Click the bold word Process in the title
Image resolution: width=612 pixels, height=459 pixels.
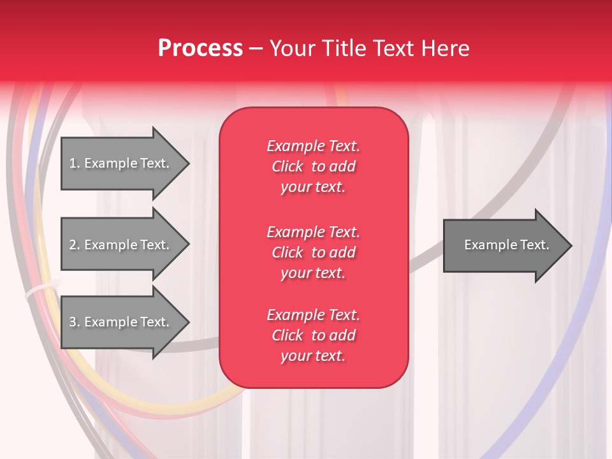pyautogui.click(x=200, y=48)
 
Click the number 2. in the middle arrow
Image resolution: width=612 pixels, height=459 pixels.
pyautogui.click(x=75, y=245)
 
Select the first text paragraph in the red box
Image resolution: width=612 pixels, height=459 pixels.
pyautogui.click(x=313, y=166)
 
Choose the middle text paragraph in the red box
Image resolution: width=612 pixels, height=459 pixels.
pyautogui.click(x=313, y=252)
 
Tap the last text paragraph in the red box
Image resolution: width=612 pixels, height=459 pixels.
pyautogui.click(x=313, y=335)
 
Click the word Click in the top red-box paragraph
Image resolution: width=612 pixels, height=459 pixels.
pyautogui.click(x=288, y=166)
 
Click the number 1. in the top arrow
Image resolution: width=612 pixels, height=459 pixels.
pyautogui.click(x=75, y=163)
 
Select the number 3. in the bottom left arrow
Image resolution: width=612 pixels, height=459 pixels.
pyautogui.click(x=75, y=322)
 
